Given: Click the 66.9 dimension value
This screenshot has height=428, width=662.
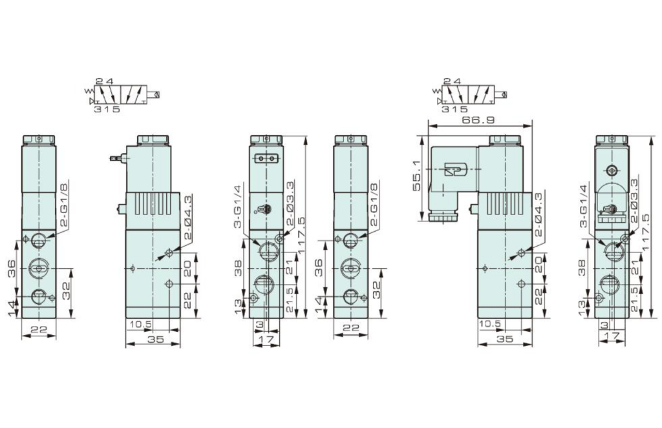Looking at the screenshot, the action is click(x=478, y=119).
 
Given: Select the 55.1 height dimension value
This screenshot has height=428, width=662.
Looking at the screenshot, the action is click(x=417, y=176).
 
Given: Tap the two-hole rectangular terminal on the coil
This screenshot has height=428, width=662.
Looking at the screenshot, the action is click(x=266, y=159).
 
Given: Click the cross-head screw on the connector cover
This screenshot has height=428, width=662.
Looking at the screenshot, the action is click(x=612, y=170).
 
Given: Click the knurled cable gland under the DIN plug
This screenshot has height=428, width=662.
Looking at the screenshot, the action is click(x=442, y=218).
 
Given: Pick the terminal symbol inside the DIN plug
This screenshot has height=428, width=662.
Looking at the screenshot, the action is click(x=453, y=171).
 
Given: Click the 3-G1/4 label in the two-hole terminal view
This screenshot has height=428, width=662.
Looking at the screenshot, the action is click(x=238, y=206).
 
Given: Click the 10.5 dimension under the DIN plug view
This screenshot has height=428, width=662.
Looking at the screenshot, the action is click(x=490, y=324).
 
